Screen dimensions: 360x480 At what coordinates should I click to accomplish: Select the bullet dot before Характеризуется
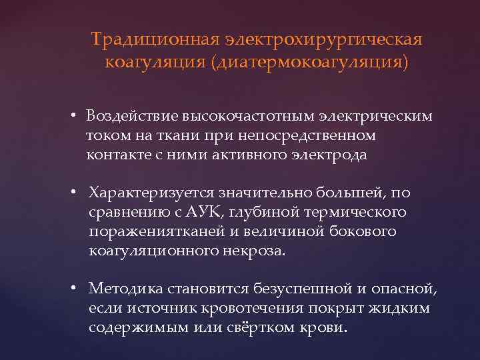point(77,193)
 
